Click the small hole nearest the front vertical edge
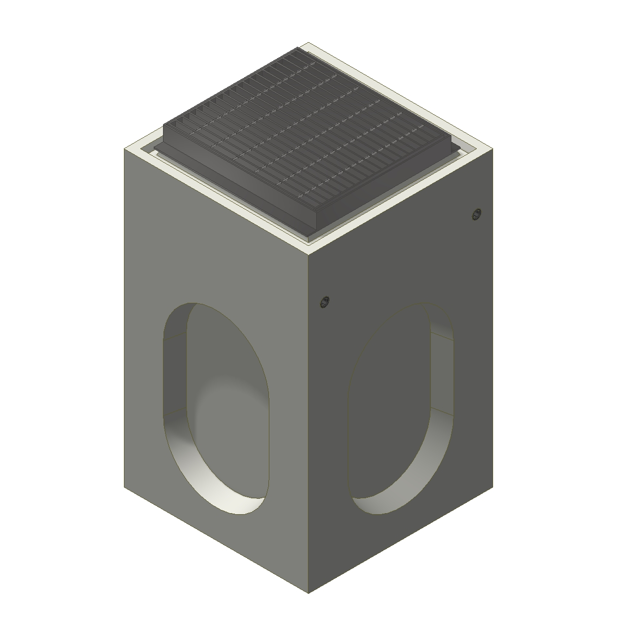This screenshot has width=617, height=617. tap(324, 302)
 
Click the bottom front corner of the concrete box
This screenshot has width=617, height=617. tap(308, 592)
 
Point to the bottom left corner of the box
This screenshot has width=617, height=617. tap(124, 486)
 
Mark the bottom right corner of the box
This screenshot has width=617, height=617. tap(493, 486)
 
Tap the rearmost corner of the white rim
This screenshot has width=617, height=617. tap(308, 43)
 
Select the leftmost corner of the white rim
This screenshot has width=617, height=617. tap(124, 149)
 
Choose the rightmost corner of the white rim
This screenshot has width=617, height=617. tap(493, 149)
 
